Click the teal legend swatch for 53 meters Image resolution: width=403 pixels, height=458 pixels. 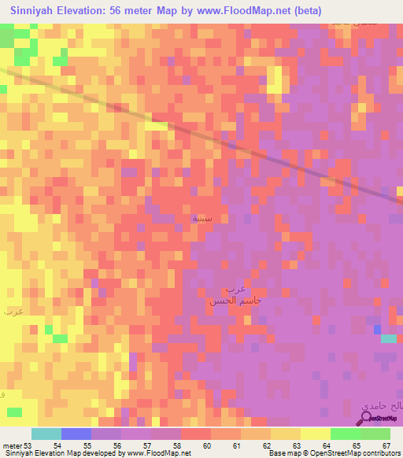click(46, 434)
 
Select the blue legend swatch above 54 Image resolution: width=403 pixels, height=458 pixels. click(76, 434)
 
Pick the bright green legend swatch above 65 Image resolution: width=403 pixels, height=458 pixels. click(345, 434)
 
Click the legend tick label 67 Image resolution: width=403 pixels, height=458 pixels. click(386, 445)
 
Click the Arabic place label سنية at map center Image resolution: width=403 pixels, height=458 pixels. click(201, 218)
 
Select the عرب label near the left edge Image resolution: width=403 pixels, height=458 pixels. click(13, 312)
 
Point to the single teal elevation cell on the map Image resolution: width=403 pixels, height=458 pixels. click(389, 338)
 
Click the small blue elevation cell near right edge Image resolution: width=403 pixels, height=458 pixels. click(377, 329)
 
